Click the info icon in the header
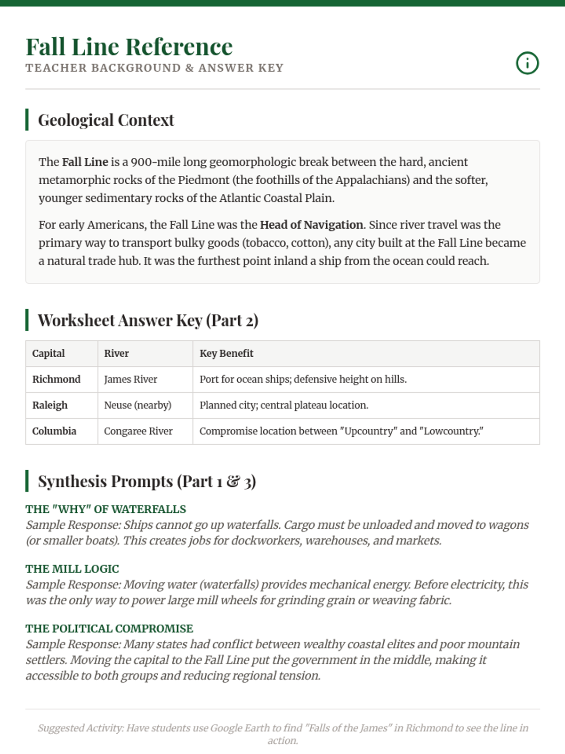527,63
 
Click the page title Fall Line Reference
129,47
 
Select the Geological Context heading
106,120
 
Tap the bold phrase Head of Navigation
311,225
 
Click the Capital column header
48,353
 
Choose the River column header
116,353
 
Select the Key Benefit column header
226,353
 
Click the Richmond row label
56,379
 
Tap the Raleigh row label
50,405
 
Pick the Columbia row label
54,431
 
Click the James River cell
130,379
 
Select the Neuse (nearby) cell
137,405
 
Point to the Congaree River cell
138,431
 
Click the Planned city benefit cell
284,405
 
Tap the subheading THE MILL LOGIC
72,569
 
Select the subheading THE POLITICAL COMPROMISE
109,629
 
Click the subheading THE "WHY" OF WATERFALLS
105,509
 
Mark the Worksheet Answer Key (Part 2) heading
148,320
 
